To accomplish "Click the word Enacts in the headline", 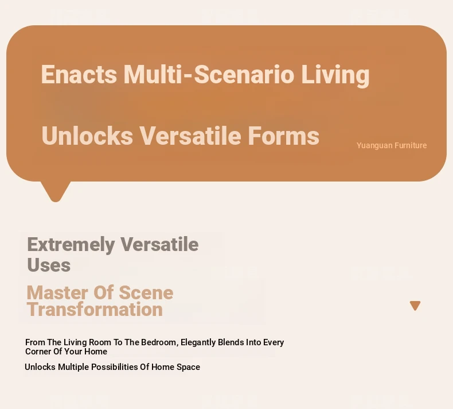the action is point(79,75).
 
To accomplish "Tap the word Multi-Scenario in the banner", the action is point(209,75).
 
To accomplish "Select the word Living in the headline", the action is point(335,76).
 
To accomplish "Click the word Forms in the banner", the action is point(284,136).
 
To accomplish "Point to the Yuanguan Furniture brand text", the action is point(392,145).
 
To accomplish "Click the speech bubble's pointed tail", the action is point(56,192).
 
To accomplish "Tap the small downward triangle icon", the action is point(415,306).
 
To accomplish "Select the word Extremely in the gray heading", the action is point(71,245).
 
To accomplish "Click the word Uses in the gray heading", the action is point(49,265).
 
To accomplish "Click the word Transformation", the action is point(95,309).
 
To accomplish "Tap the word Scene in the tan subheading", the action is point(146,292).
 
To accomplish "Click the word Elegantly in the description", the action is point(198,343).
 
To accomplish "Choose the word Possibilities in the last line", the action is point(115,367).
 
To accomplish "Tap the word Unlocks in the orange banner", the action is point(87,136).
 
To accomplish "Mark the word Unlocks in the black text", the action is point(40,367).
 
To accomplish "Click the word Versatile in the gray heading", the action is point(159,245).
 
